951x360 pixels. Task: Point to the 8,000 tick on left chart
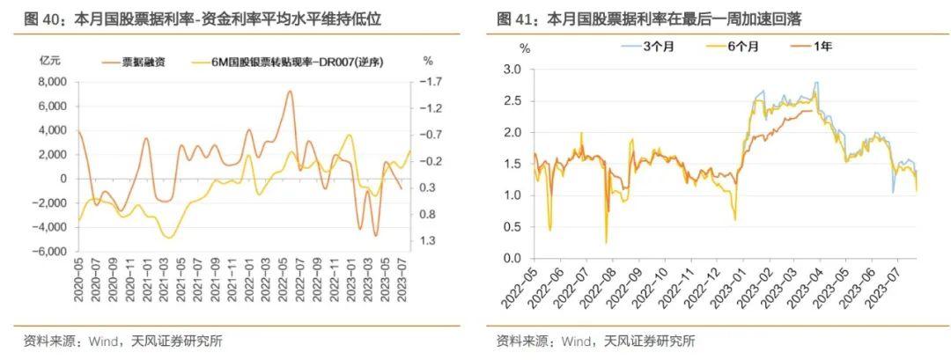(53, 82)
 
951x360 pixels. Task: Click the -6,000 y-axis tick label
(50, 251)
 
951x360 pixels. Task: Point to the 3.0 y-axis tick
(512, 70)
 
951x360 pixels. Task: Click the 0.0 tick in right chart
(512, 259)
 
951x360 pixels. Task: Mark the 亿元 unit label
(50, 61)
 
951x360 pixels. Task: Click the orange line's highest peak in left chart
(289, 91)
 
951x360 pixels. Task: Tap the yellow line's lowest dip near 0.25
(606, 242)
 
